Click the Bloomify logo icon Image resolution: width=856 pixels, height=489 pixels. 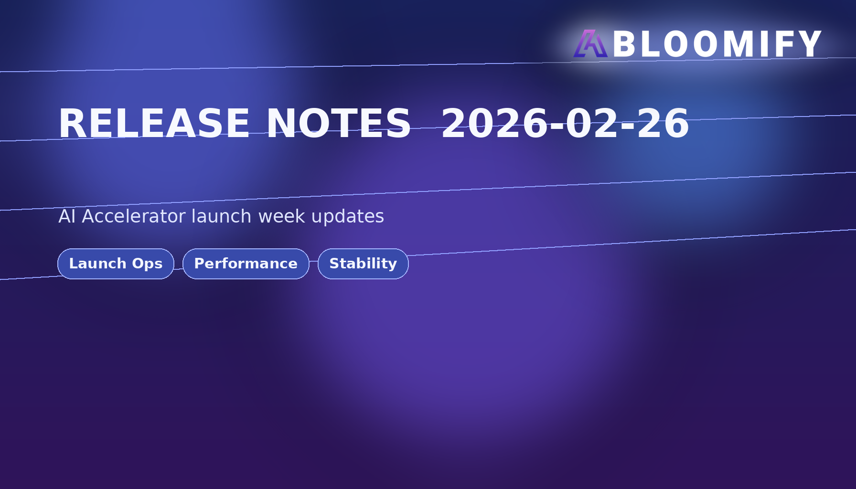[x=590, y=43]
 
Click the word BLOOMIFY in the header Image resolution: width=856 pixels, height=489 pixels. [x=717, y=44]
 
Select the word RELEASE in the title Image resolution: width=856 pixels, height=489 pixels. [x=154, y=124]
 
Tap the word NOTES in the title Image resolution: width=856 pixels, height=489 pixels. [x=338, y=124]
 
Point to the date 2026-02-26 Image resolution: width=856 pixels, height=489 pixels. [x=565, y=124]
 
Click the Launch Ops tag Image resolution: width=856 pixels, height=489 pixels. [x=116, y=264]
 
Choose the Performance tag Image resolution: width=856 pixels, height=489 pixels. [x=246, y=264]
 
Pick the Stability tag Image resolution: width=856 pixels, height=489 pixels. [x=363, y=264]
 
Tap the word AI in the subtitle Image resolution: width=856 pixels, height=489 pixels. [x=67, y=216]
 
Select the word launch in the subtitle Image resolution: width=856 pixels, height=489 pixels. [x=221, y=216]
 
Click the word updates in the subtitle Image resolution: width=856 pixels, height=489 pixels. [x=348, y=217]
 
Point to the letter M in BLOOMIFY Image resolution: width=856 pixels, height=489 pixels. [x=739, y=44]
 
